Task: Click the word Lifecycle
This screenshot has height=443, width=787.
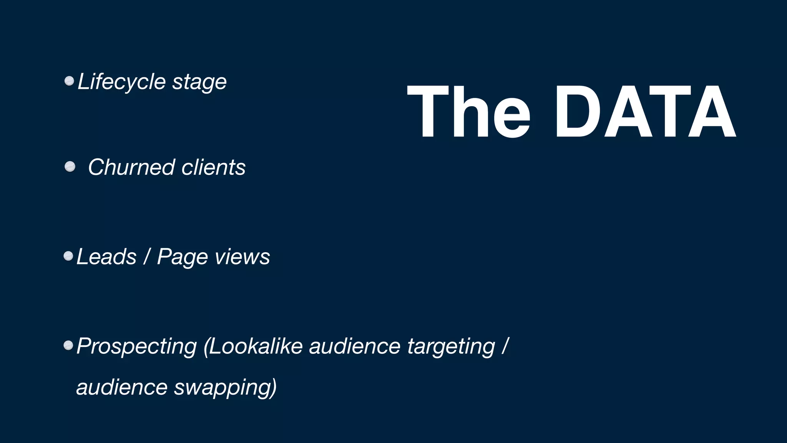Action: point(121,82)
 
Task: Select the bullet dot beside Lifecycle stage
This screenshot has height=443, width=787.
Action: point(69,81)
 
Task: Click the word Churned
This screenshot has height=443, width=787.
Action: point(131,167)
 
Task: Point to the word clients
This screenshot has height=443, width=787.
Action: point(213,167)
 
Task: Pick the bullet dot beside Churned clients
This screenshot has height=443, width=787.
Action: point(70,167)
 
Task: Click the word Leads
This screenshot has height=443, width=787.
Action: point(106,256)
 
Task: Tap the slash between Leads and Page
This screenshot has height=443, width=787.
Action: point(146,256)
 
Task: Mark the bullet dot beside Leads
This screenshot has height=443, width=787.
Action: point(68,256)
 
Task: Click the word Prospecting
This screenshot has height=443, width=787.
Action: point(136,346)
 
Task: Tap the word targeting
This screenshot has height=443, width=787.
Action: point(451,346)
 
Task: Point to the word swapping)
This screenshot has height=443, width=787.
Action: point(225,387)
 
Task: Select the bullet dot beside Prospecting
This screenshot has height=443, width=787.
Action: point(68,345)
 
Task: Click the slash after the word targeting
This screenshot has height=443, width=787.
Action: point(505,346)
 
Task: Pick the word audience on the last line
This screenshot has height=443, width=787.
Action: point(122,387)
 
